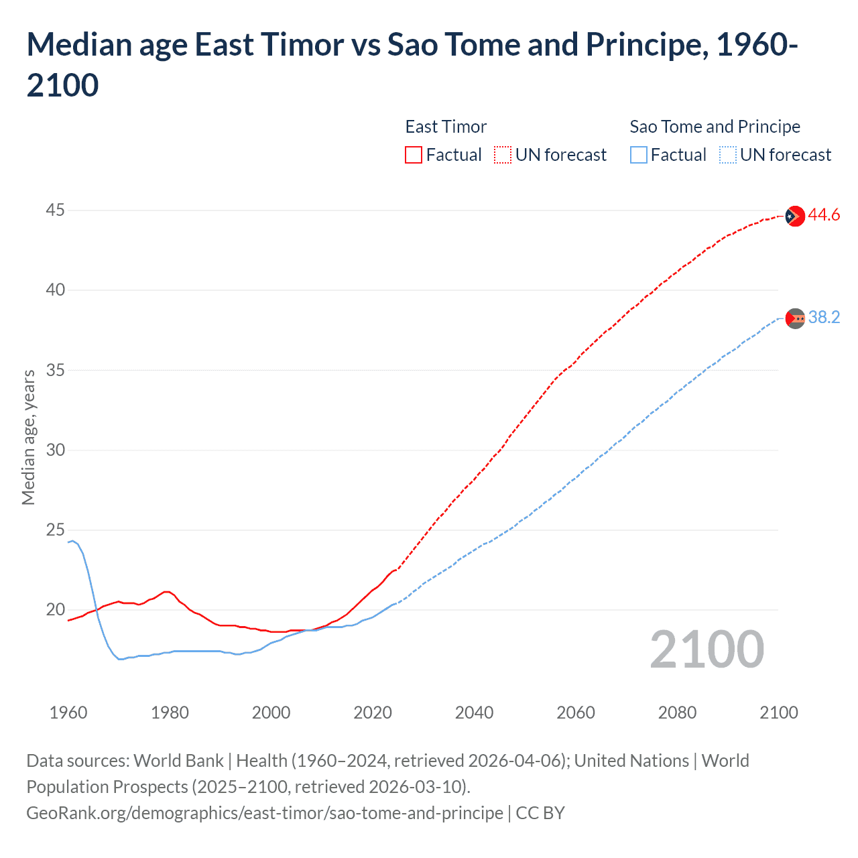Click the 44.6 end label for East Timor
(x=823, y=215)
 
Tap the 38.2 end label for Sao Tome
(x=823, y=318)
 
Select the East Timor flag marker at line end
(x=795, y=216)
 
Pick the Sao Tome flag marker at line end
(x=795, y=318)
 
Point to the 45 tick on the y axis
(x=55, y=210)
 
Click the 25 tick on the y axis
(x=55, y=530)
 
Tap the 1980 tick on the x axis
(x=170, y=713)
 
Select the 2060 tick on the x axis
(x=576, y=713)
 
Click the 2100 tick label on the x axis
(x=778, y=713)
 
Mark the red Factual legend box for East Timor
(x=414, y=155)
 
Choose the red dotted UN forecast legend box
(x=503, y=155)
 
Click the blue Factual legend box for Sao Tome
(x=639, y=155)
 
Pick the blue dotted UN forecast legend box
(x=727, y=155)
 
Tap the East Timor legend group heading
(x=446, y=127)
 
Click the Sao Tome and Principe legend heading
(x=715, y=127)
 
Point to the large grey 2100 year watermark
(x=707, y=650)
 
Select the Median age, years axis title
(x=28, y=437)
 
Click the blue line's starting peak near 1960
(x=73, y=540)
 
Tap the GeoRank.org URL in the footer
(x=265, y=813)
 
